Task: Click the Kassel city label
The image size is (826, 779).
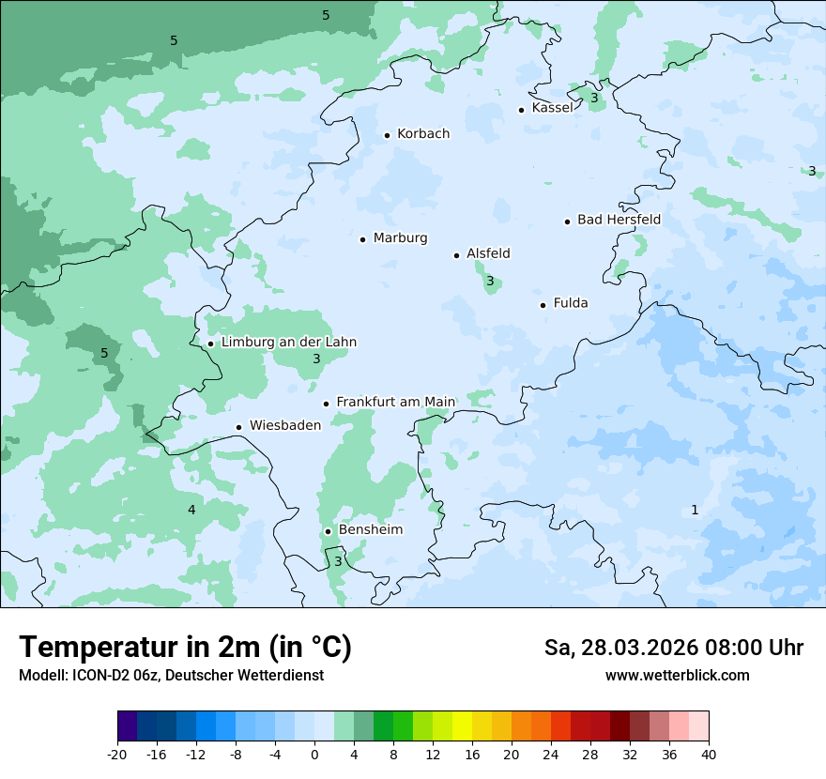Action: pyautogui.click(x=552, y=108)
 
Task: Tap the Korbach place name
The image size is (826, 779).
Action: pyautogui.click(x=423, y=133)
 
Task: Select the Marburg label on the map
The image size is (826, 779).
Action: pyautogui.click(x=400, y=237)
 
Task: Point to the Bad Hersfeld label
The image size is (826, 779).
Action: pyautogui.click(x=619, y=220)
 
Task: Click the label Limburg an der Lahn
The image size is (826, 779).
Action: pyautogui.click(x=289, y=342)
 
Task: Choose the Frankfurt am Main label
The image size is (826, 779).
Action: pyautogui.click(x=395, y=402)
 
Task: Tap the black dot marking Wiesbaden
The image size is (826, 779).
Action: pyautogui.click(x=239, y=427)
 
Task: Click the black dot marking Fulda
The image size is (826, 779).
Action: pyautogui.click(x=543, y=305)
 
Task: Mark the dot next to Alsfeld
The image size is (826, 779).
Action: pyautogui.click(x=457, y=255)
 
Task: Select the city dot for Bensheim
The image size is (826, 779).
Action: pyautogui.click(x=329, y=531)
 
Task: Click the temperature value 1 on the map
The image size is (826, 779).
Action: pyautogui.click(x=695, y=510)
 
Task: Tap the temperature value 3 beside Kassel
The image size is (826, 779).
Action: pyautogui.click(x=594, y=98)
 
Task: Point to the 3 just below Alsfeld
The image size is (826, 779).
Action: pyautogui.click(x=490, y=281)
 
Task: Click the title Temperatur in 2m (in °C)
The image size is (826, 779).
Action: pyautogui.click(x=185, y=647)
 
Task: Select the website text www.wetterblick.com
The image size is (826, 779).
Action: pyautogui.click(x=677, y=675)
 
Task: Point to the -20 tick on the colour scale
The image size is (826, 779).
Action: pyautogui.click(x=117, y=754)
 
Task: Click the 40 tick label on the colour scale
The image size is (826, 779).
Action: pyautogui.click(x=709, y=754)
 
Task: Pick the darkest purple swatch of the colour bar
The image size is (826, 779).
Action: pyautogui.click(x=127, y=726)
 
